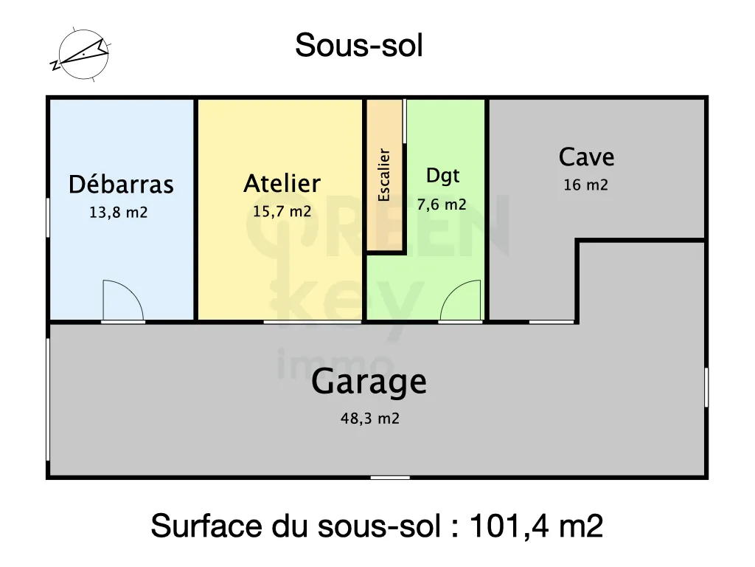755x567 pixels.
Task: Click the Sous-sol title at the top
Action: pyautogui.click(x=359, y=46)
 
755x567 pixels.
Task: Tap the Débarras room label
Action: pyautogui.click(x=121, y=185)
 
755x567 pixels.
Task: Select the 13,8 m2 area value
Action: pyautogui.click(x=118, y=213)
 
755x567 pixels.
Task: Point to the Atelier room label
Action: pyautogui.click(x=282, y=183)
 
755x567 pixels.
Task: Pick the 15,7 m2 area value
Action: pyautogui.click(x=282, y=212)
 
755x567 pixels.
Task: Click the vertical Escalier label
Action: pyautogui.click(x=384, y=175)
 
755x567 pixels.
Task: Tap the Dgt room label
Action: pyautogui.click(x=442, y=176)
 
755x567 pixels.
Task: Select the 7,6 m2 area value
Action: pyautogui.click(x=442, y=205)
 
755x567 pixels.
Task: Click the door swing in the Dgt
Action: pyautogui.click(x=461, y=301)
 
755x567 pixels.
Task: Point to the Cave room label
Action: pyautogui.click(x=586, y=157)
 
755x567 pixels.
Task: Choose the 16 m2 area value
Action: pyautogui.click(x=585, y=185)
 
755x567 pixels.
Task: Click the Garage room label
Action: pyautogui.click(x=369, y=382)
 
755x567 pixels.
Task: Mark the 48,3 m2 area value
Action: pyautogui.click(x=369, y=419)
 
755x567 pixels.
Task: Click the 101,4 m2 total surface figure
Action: pyautogui.click(x=536, y=526)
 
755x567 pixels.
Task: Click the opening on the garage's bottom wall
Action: pyautogui.click(x=390, y=478)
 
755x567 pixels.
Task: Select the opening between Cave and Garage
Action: pyautogui.click(x=552, y=322)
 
